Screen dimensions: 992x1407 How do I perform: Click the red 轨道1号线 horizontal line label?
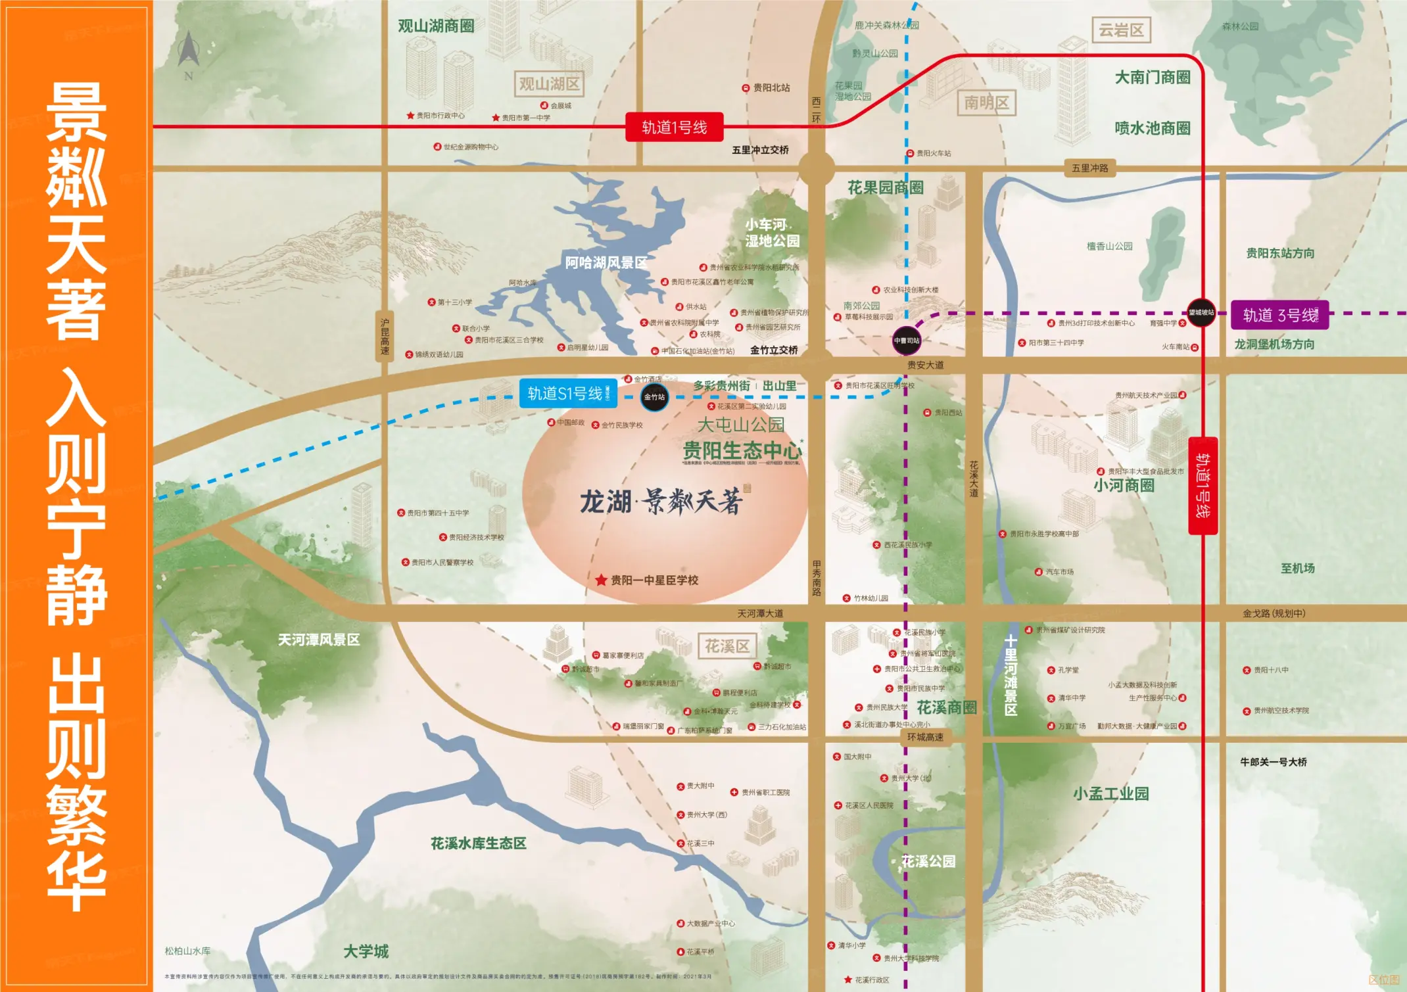coord(674,127)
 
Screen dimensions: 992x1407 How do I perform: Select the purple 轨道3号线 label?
coord(1279,315)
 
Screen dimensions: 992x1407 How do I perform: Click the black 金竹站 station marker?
coord(654,397)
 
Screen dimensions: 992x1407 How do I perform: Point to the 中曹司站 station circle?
coord(906,341)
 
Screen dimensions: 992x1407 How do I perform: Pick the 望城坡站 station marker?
coord(1201,312)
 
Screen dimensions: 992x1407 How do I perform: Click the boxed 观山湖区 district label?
coord(549,84)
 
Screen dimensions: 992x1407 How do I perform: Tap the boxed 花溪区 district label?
coord(727,646)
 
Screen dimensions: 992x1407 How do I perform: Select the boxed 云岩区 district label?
coord(1121,30)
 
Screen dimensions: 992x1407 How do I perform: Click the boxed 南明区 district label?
coord(986,103)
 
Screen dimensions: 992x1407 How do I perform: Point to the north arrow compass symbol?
coord(189,53)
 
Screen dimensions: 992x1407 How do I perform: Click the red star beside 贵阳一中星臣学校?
coord(601,580)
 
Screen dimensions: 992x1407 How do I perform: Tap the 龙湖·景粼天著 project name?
coord(661,502)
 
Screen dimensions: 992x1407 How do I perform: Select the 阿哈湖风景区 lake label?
coord(606,263)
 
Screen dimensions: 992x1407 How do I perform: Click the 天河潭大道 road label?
coord(760,613)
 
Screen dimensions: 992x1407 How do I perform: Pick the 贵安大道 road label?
coord(925,365)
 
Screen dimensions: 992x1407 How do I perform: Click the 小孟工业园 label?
coord(1110,793)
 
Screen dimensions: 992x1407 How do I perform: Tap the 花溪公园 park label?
coord(928,861)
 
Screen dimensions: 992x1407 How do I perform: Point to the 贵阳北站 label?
coord(771,88)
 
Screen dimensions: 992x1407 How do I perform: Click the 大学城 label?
coord(366,951)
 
